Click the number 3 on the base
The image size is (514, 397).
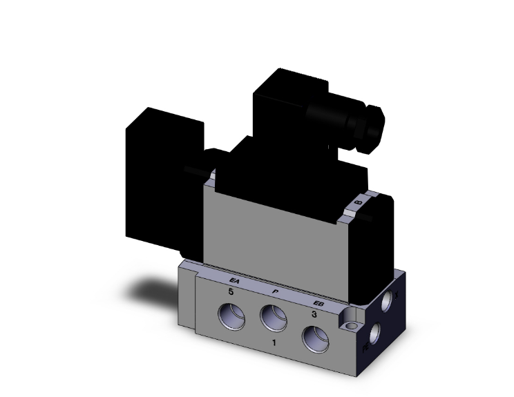tap(314, 315)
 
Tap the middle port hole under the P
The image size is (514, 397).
tap(271, 319)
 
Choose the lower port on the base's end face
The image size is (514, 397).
tap(376, 336)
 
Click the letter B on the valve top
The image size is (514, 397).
tap(357, 202)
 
